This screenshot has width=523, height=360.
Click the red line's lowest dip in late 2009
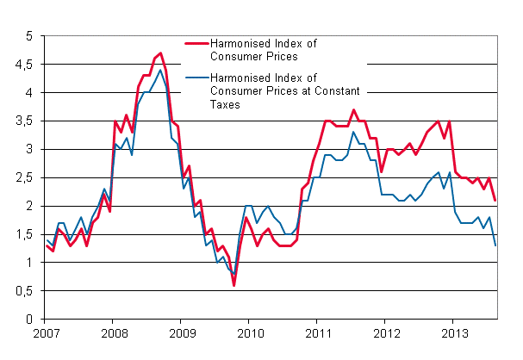(233, 285)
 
